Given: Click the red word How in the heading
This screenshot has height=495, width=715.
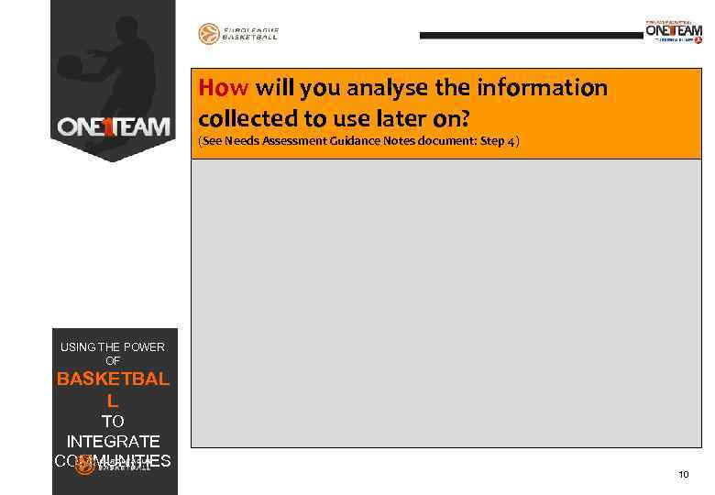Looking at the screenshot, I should click(x=224, y=88).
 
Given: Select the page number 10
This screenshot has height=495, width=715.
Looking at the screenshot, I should click(x=683, y=474).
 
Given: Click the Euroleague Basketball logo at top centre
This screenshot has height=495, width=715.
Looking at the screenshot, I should click(x=238, y=34).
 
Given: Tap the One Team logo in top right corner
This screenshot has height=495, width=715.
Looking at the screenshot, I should click(x=674, y=31).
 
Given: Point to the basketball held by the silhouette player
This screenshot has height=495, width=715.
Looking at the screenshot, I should click(x=70, y=65).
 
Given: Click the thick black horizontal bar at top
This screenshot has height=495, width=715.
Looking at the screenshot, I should click(x=531, y=35).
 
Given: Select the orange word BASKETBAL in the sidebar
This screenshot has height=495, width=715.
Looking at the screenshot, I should click(x=113, y=379).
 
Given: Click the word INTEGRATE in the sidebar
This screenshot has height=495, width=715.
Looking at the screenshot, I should click(x=113, y=441).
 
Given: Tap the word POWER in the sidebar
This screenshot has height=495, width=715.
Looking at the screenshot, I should click(x=142, y=346).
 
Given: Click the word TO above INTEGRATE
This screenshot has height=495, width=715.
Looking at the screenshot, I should click(x=113, y=421).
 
